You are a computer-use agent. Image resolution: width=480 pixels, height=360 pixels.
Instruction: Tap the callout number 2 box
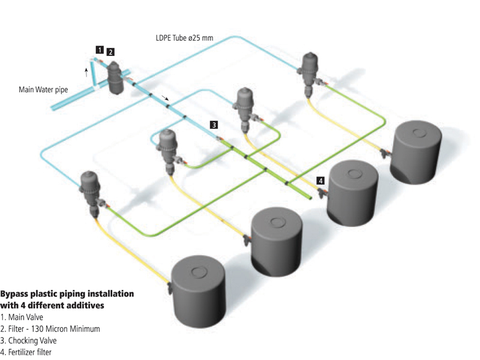[110, 52]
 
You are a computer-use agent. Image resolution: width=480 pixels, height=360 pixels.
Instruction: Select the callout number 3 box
[214, 125]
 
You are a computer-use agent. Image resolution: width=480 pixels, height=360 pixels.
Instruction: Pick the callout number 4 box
[321, 180]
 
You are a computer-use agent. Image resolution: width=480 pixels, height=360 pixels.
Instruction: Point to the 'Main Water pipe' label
[43, 91]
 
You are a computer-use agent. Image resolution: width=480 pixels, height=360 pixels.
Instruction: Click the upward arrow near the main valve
[87, 73]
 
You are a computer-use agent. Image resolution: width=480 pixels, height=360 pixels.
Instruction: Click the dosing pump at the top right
[310, 71]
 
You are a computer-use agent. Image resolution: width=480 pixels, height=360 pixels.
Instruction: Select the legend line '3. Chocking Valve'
[28, 340]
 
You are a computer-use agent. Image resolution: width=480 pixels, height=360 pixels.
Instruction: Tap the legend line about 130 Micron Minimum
[50, 328]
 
